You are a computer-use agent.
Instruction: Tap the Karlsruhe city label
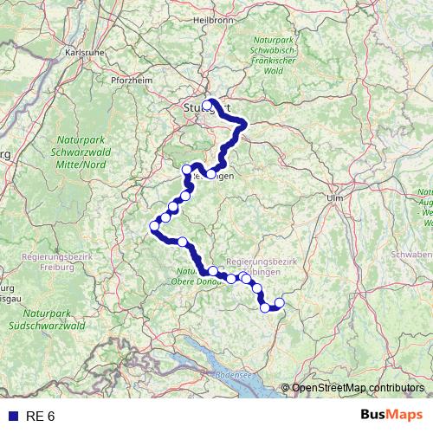84,52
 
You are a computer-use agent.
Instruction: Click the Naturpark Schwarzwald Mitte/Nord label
79,152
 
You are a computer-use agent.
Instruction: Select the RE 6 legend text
40,417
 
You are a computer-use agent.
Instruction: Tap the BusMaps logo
391,416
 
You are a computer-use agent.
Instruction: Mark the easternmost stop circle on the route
279,302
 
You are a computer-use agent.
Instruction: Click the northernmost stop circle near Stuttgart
208,103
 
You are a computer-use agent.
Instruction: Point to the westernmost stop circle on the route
155,227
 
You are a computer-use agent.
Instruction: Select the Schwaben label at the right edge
412,255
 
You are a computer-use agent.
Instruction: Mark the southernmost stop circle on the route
265,307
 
